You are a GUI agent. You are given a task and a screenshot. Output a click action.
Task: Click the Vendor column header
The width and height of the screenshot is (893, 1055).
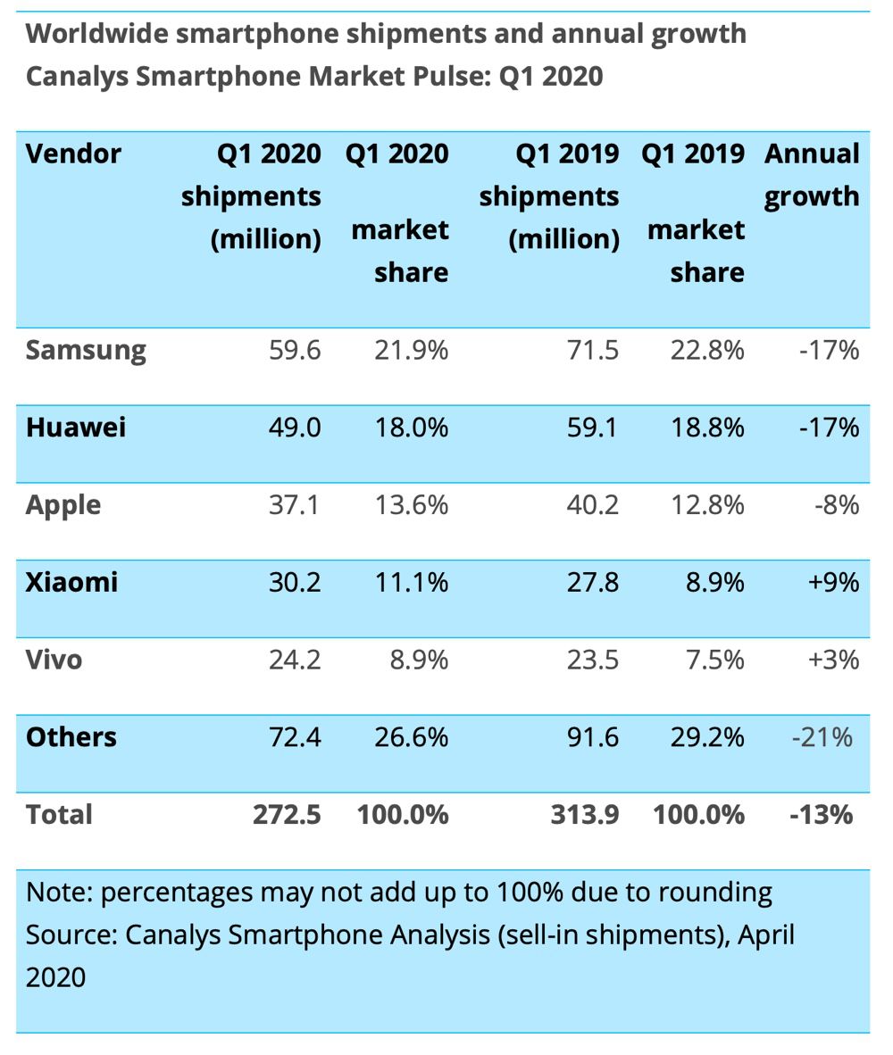(x=73, y=154)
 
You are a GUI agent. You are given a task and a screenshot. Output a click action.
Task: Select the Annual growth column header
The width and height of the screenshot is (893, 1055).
(x=811, y=175)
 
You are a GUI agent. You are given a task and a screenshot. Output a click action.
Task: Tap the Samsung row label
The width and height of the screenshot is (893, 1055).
(x=86, y=350)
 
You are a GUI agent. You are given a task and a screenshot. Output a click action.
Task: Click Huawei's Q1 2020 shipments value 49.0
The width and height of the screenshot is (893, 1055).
(x=295, y=428)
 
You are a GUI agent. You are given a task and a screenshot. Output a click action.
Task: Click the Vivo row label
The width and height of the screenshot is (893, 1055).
(x=54, y=660)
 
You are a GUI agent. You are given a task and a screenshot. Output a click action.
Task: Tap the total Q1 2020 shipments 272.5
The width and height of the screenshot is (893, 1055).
(x=286, y=815)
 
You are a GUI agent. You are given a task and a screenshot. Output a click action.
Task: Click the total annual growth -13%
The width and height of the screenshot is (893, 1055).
(x=821, y=815)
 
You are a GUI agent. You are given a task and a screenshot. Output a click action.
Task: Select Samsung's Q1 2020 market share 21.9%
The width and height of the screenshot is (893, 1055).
(x=411, y=350)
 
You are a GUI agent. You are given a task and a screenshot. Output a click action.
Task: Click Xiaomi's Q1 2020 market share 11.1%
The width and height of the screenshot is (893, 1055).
(x=411, y=583)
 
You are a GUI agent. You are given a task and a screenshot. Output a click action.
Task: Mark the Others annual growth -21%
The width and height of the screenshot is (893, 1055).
(x=821, y=738)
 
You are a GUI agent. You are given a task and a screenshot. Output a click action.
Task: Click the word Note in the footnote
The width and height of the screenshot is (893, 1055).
(x=58, y=892)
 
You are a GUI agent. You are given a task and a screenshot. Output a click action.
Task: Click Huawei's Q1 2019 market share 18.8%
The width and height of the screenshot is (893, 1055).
(x=707, y=428)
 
